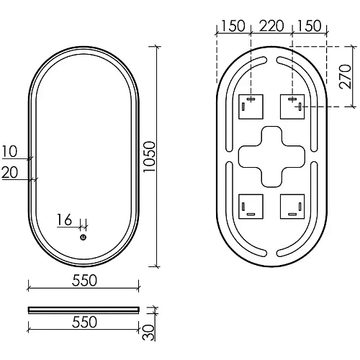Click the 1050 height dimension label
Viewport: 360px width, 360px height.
pos(167,156)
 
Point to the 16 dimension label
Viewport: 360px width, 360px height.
pos(65,221)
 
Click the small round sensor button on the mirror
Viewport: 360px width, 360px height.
pos(83,238)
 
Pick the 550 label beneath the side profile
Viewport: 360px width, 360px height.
pos(85,323)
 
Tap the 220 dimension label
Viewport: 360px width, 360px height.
pos(271,27)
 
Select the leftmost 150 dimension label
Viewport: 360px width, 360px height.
pos(233,27)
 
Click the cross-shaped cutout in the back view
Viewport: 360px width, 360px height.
pos(271,156)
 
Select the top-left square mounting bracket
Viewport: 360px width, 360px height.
pos(250,107)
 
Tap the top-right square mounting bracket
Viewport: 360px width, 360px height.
pos(292,107)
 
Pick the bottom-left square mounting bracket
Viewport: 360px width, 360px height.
pos(250,207)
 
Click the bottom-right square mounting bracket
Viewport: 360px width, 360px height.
pos(292,207)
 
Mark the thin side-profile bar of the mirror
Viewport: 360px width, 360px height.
pos(85,309)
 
